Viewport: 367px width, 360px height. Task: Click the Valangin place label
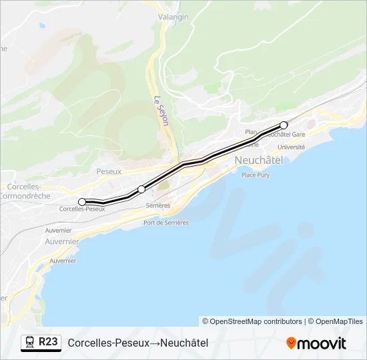click(173, 16)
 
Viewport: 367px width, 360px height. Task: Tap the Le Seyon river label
click(159, 109)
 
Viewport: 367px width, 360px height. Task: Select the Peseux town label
click(109, 171)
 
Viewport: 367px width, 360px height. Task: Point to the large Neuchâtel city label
click(259, 160)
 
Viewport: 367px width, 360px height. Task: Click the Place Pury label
click(255, 175)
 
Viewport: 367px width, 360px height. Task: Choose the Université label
click(291, 147)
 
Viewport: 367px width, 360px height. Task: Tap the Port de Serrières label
click(165, 223)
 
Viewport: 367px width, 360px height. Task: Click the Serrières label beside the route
click(158, 205)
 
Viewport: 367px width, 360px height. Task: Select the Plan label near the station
click(251, 132)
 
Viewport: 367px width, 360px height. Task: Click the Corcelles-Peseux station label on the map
click(82, 209)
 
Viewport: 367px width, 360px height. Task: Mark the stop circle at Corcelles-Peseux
click(82, 201)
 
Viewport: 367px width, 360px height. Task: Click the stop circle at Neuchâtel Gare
click(284, 125)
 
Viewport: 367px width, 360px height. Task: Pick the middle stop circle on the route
click(141, 189)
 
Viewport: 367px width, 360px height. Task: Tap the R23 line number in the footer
click(48, 342)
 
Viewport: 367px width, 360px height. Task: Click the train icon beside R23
click(30, 343)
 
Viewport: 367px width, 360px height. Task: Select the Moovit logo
click(316, 343)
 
